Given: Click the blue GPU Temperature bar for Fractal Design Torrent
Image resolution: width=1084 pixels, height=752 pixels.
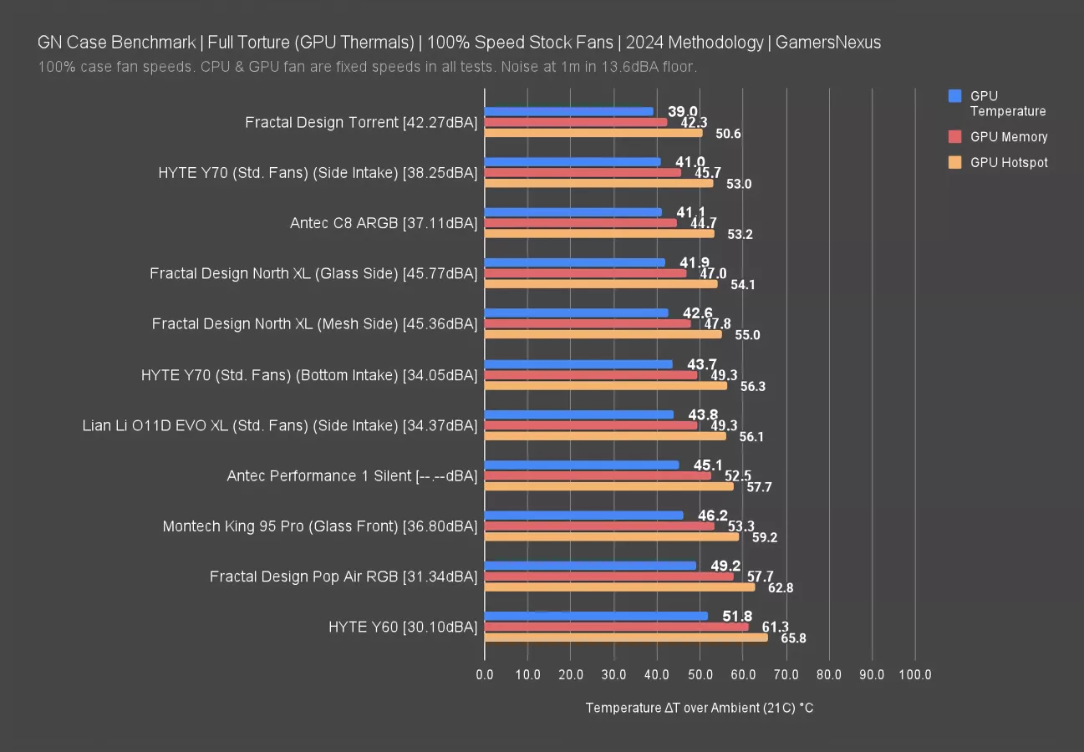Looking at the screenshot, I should (x=568, y=111).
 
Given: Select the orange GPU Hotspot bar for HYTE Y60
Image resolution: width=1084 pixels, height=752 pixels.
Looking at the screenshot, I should (x=626, y=638).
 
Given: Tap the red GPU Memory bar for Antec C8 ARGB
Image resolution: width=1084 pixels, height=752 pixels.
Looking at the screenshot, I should (x=581, y=223).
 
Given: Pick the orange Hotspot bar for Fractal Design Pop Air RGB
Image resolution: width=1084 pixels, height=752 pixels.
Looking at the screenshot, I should (x=619, y=587).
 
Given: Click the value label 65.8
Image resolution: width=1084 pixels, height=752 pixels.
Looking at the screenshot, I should (x=793, y=638).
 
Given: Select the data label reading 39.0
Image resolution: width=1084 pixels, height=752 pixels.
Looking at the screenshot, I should (x=683, y=111).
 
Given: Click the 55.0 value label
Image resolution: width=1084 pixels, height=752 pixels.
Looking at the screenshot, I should (x=747, y=335).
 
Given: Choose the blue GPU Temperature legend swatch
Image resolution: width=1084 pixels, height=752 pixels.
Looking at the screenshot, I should (x=955, y=96).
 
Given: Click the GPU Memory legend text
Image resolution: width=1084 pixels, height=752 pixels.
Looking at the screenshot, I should (x=1009, y=137).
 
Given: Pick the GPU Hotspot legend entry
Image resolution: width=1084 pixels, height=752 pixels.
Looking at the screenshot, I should (x=1009, y=163).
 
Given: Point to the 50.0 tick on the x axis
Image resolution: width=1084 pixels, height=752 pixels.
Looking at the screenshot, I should (x=700, y=675).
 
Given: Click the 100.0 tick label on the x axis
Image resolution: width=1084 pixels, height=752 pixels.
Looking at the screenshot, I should (x=915, y=675).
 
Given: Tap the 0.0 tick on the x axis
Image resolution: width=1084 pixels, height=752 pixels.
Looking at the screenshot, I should (x=485, y=675).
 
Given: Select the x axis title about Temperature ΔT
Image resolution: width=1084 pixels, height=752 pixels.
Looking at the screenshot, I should (x=700, y=708).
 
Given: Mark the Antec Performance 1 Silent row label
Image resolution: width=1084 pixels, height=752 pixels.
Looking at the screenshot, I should (x=352, y=475).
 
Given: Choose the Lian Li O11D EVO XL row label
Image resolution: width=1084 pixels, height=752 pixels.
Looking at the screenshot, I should (x=280, y=425).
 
